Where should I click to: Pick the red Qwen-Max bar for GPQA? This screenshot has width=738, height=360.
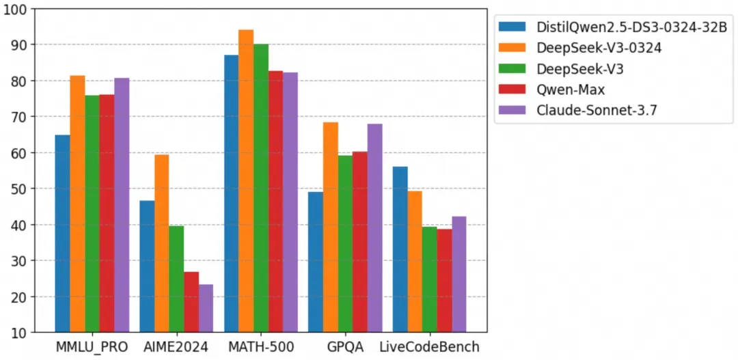coord(359,242)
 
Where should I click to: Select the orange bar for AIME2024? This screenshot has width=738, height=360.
coord(162,243)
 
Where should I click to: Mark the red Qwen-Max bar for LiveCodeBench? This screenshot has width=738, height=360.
coord(444,281)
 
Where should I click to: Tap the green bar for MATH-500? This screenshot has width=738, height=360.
coord(260,188)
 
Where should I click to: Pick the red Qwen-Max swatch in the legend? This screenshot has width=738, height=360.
coord(512,89)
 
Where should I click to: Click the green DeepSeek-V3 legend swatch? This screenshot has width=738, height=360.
coord(512,68)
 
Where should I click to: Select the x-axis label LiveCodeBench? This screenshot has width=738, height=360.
coord(429,347)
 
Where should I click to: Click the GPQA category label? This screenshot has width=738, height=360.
coord(344,347)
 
